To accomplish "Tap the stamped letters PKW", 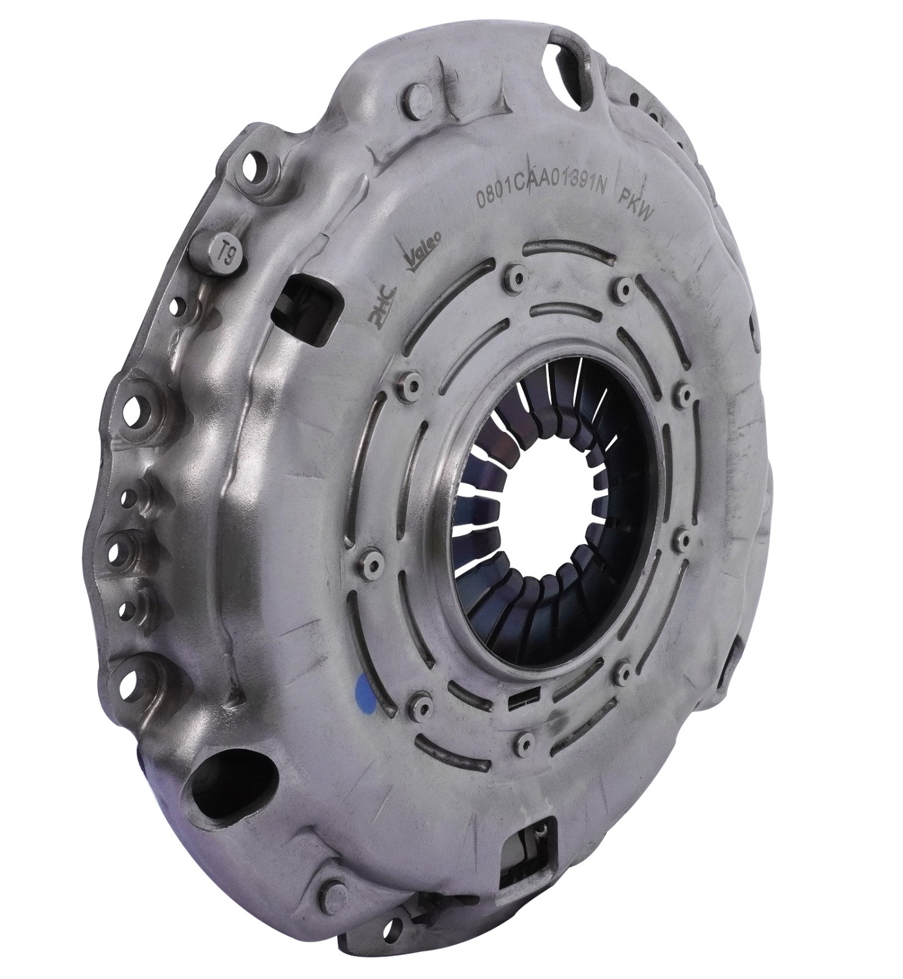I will coord(637,206).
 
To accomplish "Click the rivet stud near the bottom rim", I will coord(333,888).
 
